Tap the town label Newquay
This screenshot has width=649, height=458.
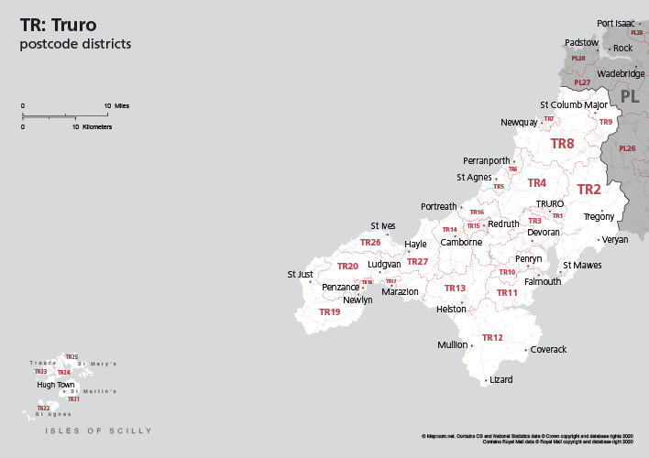coord(519,122)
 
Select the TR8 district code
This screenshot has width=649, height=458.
coord(562,144)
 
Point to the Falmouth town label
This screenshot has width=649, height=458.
coord(542,281)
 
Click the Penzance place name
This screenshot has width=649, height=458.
coord(341,287)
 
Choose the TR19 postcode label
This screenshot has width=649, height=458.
coord(329,311)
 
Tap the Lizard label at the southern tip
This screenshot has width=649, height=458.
coord(501,379)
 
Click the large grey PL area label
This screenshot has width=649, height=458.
coord(630,96)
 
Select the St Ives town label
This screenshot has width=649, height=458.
coord(382,225)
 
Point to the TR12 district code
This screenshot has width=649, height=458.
coord(492,337)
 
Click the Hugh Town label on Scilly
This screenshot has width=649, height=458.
coord(55,385)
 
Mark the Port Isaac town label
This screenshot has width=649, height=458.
coord(615,23)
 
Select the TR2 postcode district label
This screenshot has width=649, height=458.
coord(588,190)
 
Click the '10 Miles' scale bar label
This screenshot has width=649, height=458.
coord(116,106)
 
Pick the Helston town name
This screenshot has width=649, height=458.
coord(451,310)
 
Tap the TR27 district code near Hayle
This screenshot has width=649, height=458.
coord(417,262)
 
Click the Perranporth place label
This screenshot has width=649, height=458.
coord(486,160)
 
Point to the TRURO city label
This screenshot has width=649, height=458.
coord(549,203)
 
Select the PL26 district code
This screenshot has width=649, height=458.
coord(627,148)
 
